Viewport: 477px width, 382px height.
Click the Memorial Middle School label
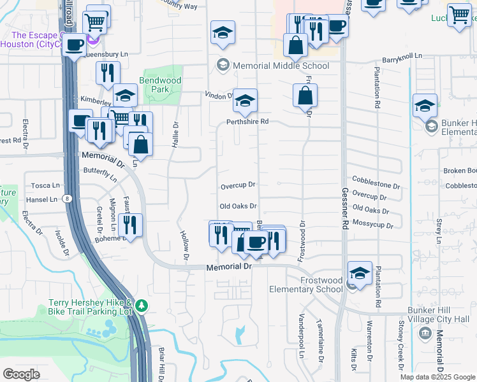click(281, 66)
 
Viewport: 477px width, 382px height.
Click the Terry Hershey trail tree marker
click(142, 307)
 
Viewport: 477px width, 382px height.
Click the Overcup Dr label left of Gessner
click(238, 186)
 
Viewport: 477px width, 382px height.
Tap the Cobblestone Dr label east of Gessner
click(376, 187)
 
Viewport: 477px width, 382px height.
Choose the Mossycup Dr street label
click(372, 225)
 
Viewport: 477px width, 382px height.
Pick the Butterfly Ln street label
click(101, 174)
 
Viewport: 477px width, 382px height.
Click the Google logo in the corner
click(21, 374)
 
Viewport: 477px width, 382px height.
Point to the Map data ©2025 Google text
click(437, 377)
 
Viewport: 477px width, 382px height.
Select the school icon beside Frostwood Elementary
click(360, 274)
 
